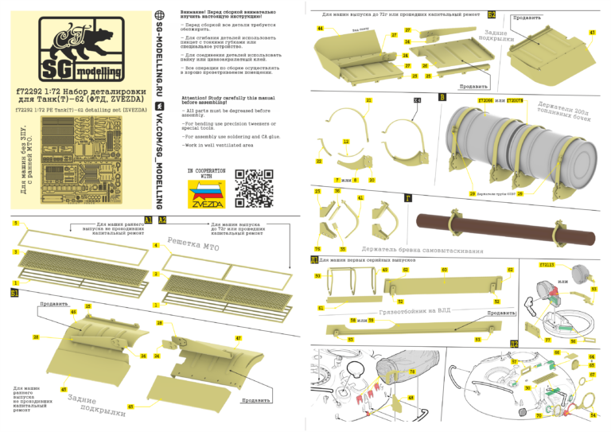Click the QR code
click(253, 187)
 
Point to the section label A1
click(149, 220)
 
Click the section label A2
click(162, 220)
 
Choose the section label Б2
click(492, 15)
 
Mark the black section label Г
click(409, 198)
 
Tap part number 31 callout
click(368, 100)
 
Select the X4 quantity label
click(417, 100)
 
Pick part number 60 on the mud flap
click(444, 270)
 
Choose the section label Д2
click(515, 343)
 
